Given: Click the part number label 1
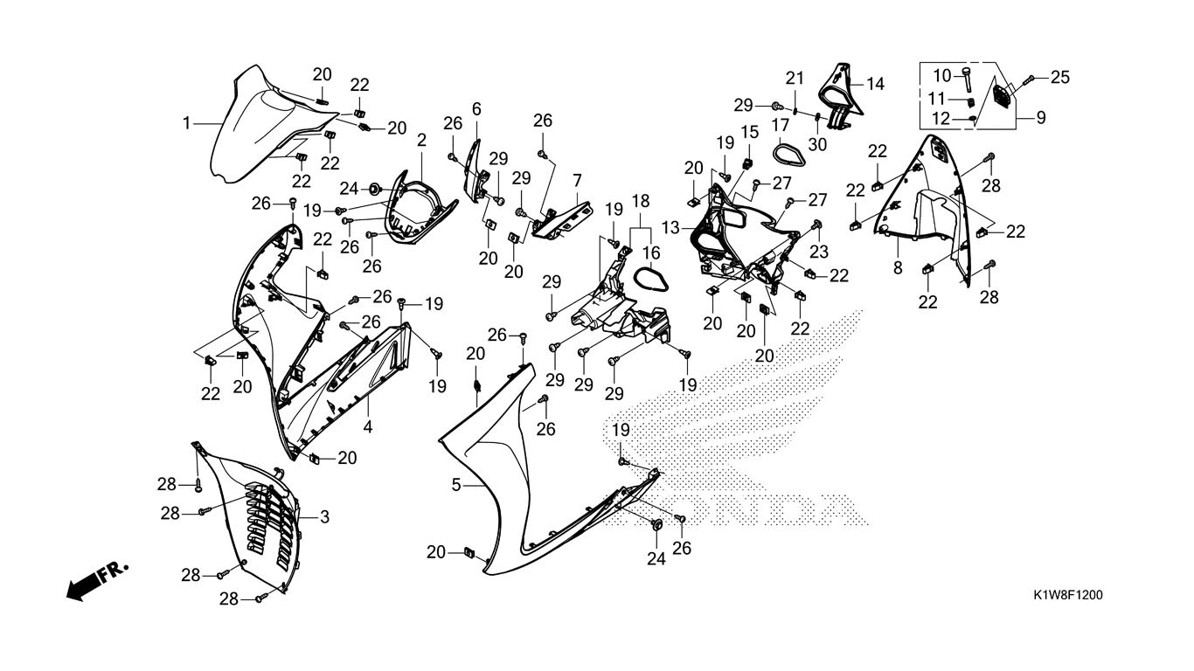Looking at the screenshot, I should pos(186,124).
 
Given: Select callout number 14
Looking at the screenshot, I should pos(875,84).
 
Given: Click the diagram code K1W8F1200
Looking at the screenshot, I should pos(1067,595).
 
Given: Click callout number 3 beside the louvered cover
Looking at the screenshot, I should pos(324,517).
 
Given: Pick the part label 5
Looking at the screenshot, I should pos(456,484).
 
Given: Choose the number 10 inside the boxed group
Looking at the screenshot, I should pos(941,75).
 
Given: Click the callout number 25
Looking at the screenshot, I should pos(1059,78).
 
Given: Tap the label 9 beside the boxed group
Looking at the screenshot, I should pos(1041,117).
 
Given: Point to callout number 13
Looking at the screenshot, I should pos(670,227).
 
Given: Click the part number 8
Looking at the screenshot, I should pos(898,268).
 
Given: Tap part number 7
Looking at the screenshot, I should pos(577,179).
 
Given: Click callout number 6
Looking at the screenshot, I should pos(476,108).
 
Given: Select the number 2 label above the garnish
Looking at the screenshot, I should pos(421,140).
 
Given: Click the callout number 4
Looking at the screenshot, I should pos(368,428).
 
